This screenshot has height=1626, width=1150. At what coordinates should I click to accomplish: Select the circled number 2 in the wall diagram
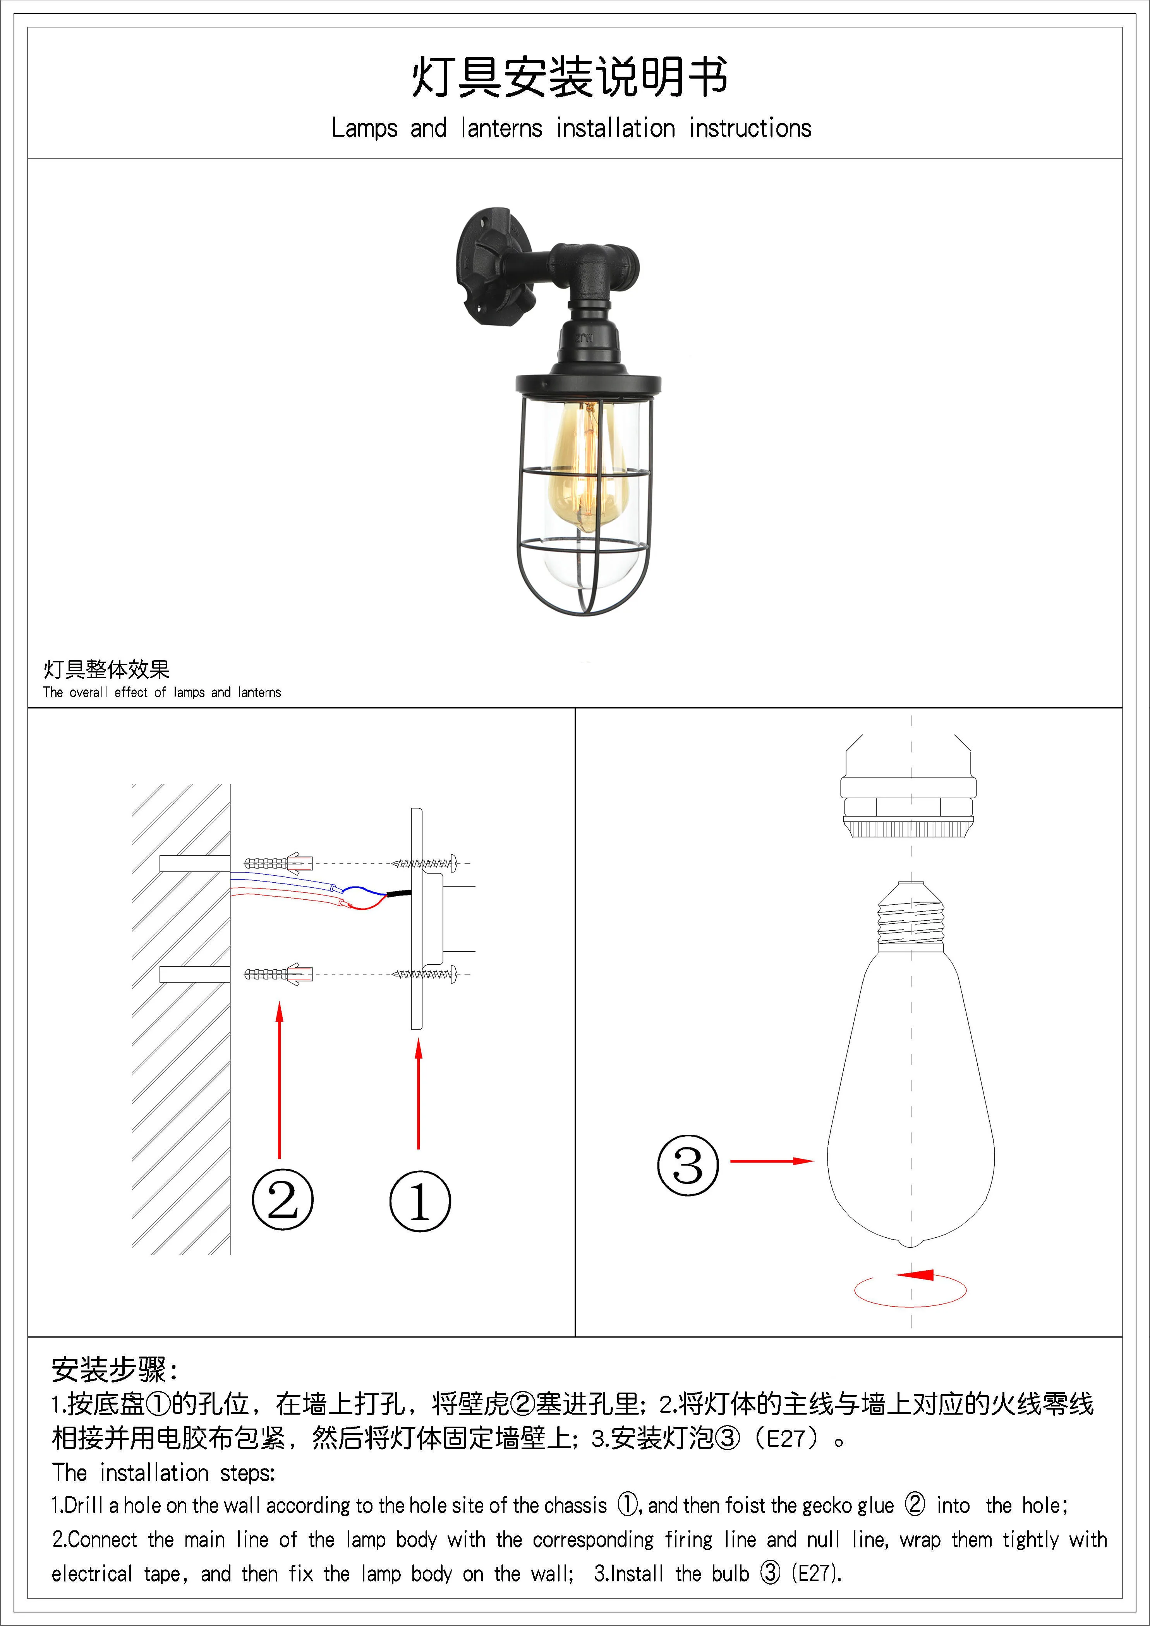(283, 1200)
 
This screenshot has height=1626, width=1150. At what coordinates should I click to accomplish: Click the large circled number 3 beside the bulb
(688, 1165)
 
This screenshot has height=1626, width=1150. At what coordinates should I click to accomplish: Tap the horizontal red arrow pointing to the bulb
(771, 1161)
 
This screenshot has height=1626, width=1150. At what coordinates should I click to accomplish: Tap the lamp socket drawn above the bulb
(908, 793)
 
